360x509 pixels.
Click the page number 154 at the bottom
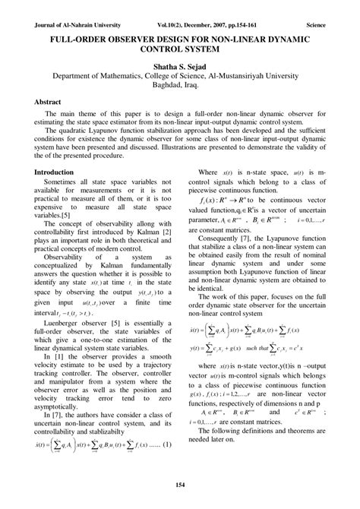[180, 485]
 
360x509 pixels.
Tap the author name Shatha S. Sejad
[180, 67]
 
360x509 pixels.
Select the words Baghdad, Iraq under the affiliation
[180, 87]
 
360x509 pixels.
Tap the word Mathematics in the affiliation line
[150, 77]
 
